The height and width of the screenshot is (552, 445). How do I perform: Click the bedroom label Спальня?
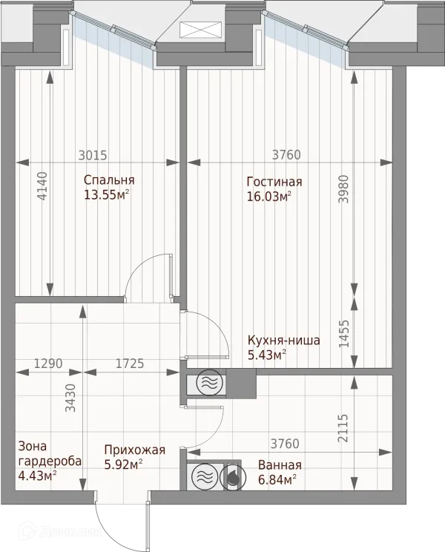[x=109, y=180]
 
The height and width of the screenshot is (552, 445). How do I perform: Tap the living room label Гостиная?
[x=274, y=182]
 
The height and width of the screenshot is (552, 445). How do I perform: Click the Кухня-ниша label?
[x=284, y=341]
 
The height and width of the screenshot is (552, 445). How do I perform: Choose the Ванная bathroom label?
[x=280, y=465]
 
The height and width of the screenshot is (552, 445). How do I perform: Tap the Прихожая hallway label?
[x=135, y=450]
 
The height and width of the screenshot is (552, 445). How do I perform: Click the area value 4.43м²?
[x=38, y=476]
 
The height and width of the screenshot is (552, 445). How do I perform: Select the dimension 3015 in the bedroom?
[x=93, y=155]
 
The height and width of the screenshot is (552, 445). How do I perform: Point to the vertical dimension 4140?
[x=42, y=186]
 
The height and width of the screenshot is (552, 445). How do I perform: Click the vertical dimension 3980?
[x=343, y=189]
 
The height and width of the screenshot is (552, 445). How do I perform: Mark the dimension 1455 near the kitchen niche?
[x=343, y=333]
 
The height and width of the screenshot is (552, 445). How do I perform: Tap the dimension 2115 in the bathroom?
[x=343, y=428]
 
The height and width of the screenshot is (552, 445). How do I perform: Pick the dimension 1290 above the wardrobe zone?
[x=48, y=363]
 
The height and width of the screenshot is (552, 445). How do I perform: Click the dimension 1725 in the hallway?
[x=130, y=363]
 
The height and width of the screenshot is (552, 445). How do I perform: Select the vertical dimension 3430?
[x=70, y=398]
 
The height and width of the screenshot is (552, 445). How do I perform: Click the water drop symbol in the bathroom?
[x=231, y=477]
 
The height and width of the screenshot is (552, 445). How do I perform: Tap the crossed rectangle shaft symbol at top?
[x=201, y=29]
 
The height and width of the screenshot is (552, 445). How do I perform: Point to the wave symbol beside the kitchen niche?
[x=209, y=382]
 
